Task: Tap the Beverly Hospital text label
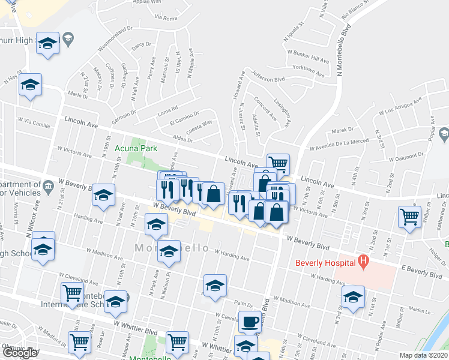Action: pyautogui.click(x=324, y=262)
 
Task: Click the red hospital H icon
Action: pyautogui.click(x=363, y=261)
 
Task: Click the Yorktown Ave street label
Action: pyautogui.click(x=309, y=72)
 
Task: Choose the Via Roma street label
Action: pyautogui.click(x=166, y=18)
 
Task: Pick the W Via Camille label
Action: pyautogui.click(x=34, y=121)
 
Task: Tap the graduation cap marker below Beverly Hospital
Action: pyautogui.click(x=354, y=296)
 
